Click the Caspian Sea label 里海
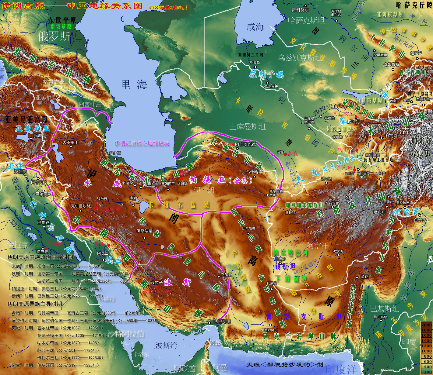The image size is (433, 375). click(x=134, y=84)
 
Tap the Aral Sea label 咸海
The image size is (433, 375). click(x=255, y=27)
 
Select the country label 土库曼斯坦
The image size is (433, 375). click(x=247, y=127)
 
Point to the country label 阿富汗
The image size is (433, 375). click(x=318, y=245)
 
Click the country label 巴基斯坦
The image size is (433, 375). click(x=384, y=309)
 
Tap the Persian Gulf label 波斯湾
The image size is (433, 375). click(x=166, y=346)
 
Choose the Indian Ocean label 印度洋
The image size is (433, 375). click(x=341, y=369)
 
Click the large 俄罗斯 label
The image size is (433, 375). click(x=54, y=36)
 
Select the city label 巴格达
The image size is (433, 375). click(x=43, y=222)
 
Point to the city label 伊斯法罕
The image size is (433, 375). click(x=144, y=231)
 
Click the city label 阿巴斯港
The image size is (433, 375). click(x=222, y=321)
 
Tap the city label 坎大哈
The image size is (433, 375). click(x=339, y=251)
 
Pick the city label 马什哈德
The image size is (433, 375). click(x=254, y=172)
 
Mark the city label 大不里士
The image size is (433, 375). click(x=70, y=142)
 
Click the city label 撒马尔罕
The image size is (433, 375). click(x=356, y=121)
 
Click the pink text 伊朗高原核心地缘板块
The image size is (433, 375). click(x=142, y=143)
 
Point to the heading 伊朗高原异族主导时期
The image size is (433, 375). click(x=35, y=304)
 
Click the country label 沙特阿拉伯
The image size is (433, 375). click(x=125, y=334)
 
